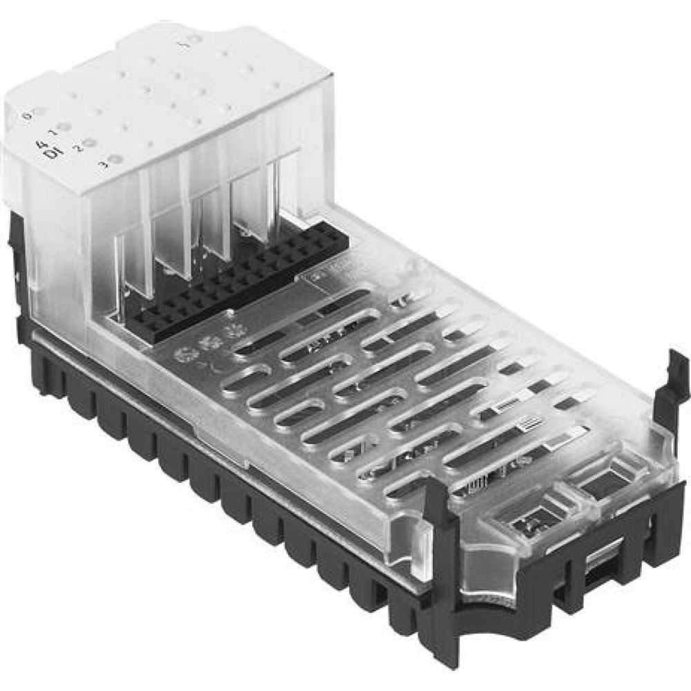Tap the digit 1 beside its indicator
pos(53,131)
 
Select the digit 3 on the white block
pos(103,164)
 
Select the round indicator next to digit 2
pos(91,142)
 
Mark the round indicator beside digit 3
pos(116,159)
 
